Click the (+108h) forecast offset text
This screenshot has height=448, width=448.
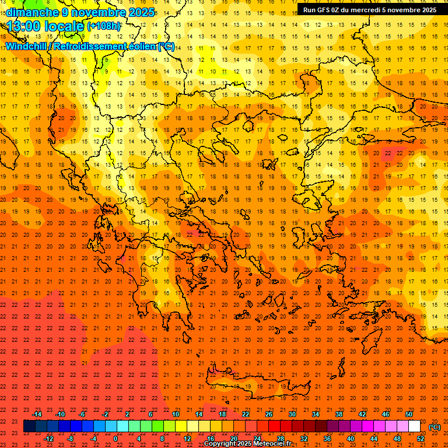coord(104,26)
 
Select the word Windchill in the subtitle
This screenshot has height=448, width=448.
coord(27,46)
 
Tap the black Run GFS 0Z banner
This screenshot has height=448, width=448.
coord(369,10)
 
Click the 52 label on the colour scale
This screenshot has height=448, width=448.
coord(421,439)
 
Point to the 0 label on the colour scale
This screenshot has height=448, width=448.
coord(115,439)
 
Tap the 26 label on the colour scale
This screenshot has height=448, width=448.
coord(268,414)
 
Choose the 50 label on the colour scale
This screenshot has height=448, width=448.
coord(409,414)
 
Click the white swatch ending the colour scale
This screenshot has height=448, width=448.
coord(415,426)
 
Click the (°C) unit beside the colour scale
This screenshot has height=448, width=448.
coord(435,427)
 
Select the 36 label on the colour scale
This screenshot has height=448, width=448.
coord(327,439)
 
